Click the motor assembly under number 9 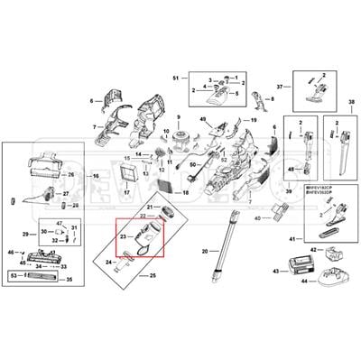click(180, 142)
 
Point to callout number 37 click(279, 86)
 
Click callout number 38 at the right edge click(351, 103)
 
